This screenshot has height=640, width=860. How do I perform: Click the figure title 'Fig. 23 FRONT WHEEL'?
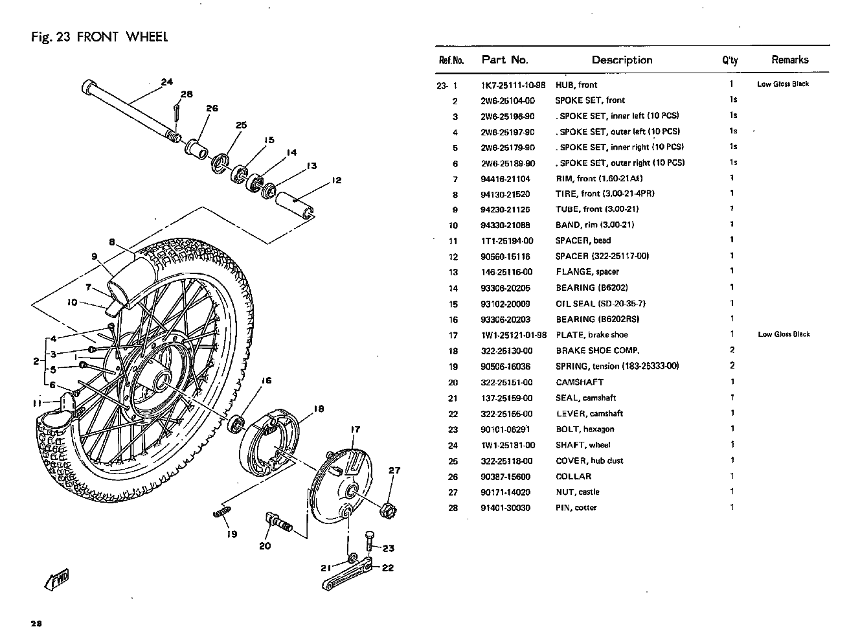tap(99, 36)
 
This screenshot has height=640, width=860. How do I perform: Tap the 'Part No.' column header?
tap(504, 60)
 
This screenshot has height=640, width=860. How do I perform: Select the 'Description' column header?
tap(622, 60)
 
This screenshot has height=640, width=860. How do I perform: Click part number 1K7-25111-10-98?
tap(513, 85)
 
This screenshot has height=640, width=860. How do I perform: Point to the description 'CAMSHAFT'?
tap(580, 382)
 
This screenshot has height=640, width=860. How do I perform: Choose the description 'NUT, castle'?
tap(578, 492)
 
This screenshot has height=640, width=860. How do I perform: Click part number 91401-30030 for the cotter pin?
tap(505, 508)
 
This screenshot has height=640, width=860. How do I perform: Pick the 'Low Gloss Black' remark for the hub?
tap(783, 84)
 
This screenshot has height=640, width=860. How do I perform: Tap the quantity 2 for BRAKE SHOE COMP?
tap(732, 350)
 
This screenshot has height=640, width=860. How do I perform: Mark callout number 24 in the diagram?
tap(167, 82)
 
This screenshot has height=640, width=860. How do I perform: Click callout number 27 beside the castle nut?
tap(394, 471)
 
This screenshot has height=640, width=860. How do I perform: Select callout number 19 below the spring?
tap(232, 534)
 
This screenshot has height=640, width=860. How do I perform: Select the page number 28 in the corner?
tap(36, 624)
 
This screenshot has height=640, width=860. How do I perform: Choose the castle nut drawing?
tap(389, 509)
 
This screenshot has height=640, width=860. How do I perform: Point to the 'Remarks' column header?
tap(789, 60)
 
